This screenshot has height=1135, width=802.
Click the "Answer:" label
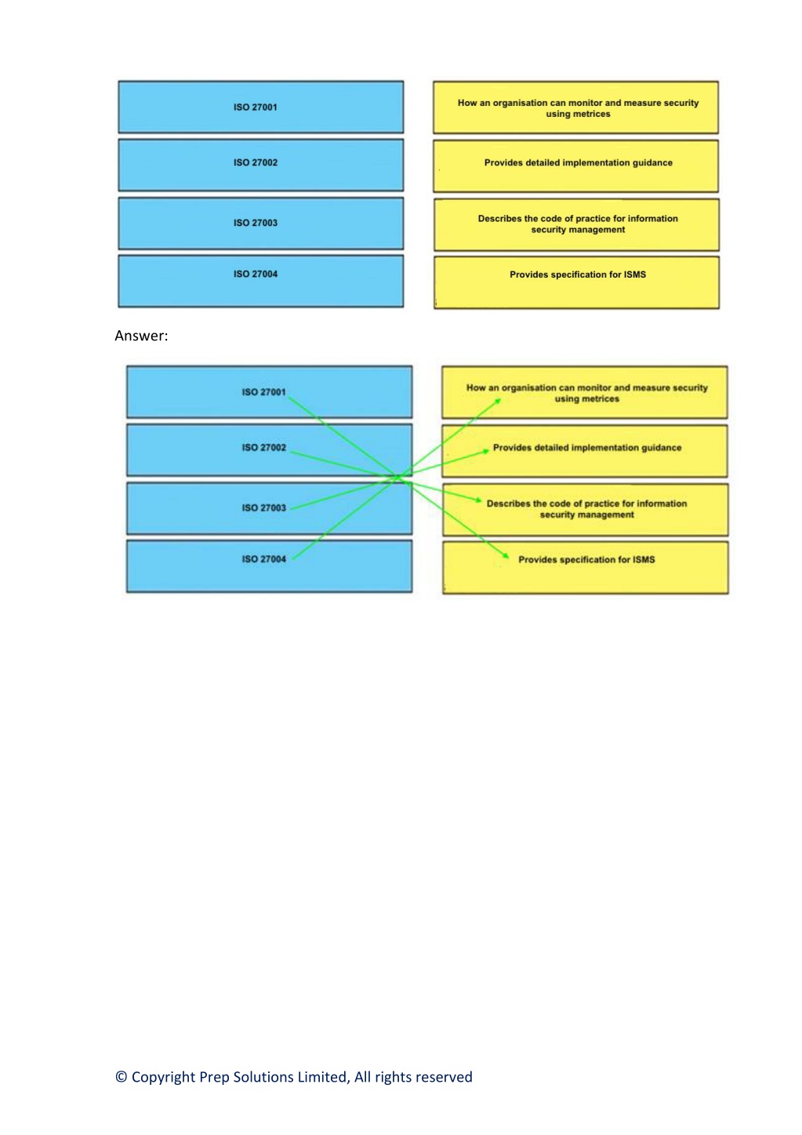coord(141,336)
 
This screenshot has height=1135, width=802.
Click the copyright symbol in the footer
coord(121,1077)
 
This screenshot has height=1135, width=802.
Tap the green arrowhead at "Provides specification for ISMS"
coord(506,555)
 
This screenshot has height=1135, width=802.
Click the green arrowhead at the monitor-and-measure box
coord(498,402)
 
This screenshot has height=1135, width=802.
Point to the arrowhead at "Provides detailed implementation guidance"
coord(485,450)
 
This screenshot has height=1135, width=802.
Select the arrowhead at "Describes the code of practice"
coord(478,500)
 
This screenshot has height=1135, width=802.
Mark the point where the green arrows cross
coord(397,476)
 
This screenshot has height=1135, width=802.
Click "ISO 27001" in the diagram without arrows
coord(256,107)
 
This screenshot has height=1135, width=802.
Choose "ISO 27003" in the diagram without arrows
coord(256,223)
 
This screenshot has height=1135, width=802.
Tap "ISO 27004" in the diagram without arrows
coord(256,274)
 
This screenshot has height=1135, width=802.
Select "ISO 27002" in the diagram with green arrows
coord(263,447)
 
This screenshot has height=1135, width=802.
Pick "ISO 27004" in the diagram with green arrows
coord(263,559)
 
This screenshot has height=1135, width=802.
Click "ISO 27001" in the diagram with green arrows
coord(263,392)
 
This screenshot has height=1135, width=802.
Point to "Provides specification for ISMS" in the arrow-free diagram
coord(578,275)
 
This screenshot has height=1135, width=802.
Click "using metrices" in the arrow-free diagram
coord(578,114)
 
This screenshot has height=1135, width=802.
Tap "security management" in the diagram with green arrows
coord(586,515)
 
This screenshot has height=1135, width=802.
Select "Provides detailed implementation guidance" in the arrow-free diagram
coord(579,162)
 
